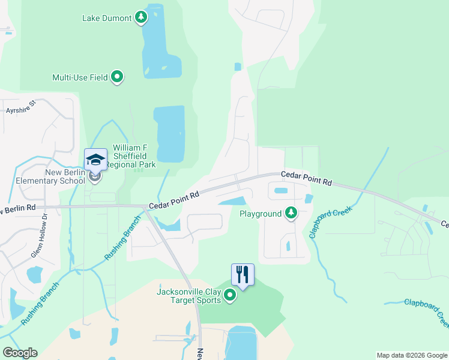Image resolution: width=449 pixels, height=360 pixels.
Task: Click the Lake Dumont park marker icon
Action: [141, 17]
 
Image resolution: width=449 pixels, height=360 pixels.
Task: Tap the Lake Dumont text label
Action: [107, 18]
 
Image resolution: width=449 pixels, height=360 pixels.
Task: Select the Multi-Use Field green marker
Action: [118, 77]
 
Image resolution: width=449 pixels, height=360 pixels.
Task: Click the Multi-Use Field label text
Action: [80, 77]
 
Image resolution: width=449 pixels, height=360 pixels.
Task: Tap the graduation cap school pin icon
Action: [95, 160]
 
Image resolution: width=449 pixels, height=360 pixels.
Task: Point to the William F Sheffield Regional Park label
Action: [134, 155]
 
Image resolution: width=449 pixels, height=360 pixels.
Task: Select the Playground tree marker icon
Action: [291, 213]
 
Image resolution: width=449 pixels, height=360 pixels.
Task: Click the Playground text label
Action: [261, 214]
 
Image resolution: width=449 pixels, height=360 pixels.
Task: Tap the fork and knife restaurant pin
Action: [243, 275]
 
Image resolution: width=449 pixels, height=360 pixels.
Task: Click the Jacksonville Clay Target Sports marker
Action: [230, 295]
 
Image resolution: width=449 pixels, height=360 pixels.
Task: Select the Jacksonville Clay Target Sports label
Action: [188, 296]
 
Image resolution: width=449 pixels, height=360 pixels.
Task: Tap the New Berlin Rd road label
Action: [18, 208]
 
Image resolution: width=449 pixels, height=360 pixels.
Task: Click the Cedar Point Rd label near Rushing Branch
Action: [174, 200]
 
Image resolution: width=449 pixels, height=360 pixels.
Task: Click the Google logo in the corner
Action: [20, 353]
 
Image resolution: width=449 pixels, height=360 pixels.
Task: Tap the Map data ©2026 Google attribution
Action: [412, 355]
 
